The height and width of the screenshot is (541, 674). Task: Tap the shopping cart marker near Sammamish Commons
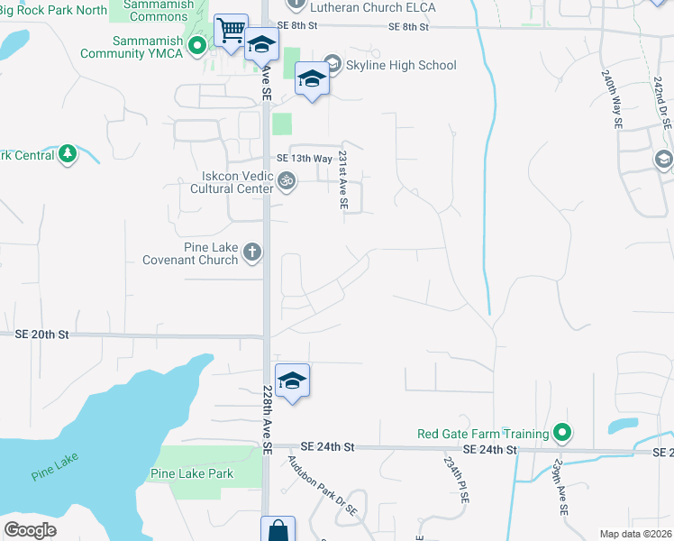231,30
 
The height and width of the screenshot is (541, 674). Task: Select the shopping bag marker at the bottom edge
278,530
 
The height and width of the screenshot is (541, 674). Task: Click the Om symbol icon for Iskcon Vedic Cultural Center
287,181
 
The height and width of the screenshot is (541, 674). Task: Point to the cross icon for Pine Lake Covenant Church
251,252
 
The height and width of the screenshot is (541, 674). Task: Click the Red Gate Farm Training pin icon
562,434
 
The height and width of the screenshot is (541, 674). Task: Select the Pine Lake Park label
192,473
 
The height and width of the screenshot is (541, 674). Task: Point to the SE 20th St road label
42,334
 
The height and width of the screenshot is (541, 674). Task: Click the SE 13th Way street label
310,156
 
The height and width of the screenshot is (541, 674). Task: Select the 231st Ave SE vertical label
343,180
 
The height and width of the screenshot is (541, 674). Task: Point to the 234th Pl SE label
450,479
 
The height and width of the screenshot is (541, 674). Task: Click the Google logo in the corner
30,530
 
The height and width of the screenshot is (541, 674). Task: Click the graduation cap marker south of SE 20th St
292,381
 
